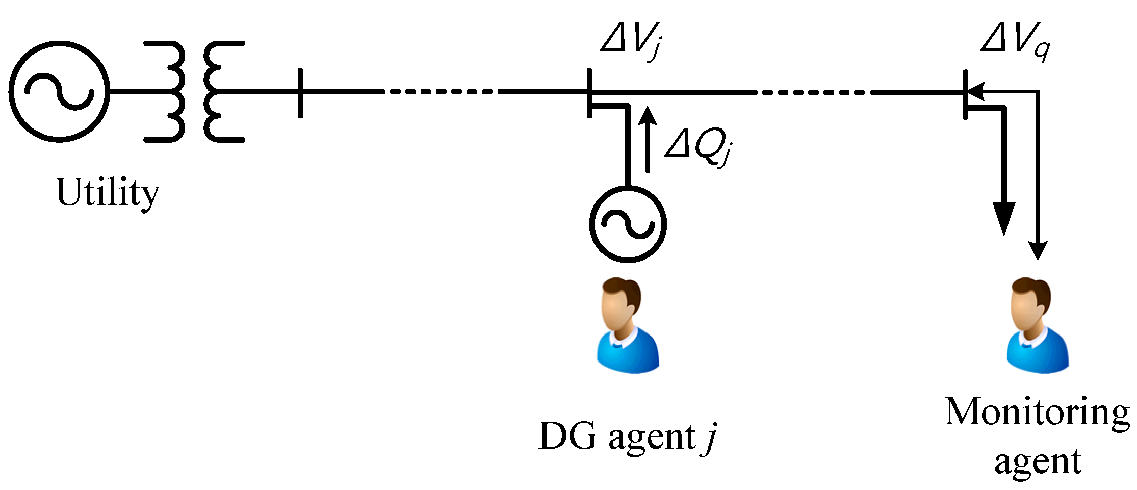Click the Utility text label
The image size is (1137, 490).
coord(107,193)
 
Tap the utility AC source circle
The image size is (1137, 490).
coord(59,92)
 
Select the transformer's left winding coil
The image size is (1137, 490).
coord(168,92)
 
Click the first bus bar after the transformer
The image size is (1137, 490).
coord(300,93)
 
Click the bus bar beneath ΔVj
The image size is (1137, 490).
coord(589,93)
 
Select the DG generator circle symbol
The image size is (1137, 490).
coord(628,224)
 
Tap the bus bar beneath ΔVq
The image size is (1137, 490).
coord(965,95)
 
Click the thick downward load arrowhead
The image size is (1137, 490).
coord(1004,218)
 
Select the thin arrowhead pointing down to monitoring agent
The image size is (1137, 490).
coord(1038,250)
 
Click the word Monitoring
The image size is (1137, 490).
coord(1037,412)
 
